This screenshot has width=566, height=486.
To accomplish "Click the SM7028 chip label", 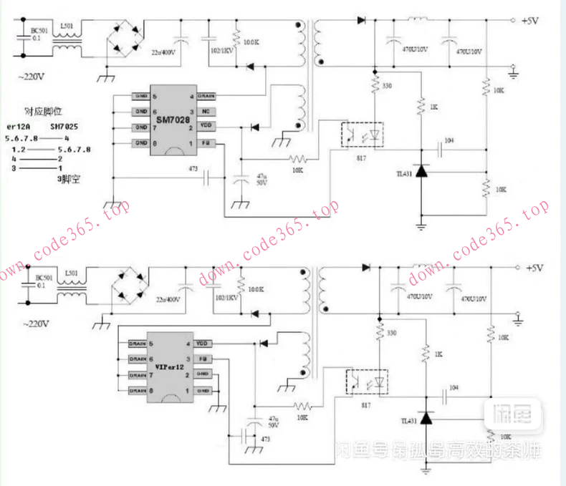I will coord(173,119).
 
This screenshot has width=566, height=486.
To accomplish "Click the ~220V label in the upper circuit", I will coord(34,75).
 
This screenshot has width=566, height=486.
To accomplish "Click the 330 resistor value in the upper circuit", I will coord(388,86).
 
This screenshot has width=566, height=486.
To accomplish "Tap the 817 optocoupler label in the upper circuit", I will coord(351,155).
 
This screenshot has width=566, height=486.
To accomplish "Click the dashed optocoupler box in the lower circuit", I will coord(367,380).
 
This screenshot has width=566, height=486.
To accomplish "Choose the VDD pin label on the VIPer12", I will coord(202,344).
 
